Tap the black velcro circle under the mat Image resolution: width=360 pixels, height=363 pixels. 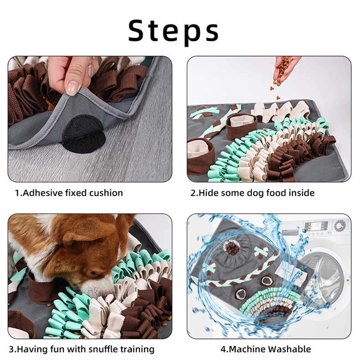tap(84, 134)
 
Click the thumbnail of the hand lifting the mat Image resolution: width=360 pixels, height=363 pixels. tap(90, 119)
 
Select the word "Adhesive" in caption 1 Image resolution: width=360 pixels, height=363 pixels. tap(42, 193)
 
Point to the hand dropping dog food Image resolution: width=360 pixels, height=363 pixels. tap(286, 69)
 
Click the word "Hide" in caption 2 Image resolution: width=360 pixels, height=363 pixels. tap(208, 193)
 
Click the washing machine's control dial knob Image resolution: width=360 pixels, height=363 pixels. tap(339, 226)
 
